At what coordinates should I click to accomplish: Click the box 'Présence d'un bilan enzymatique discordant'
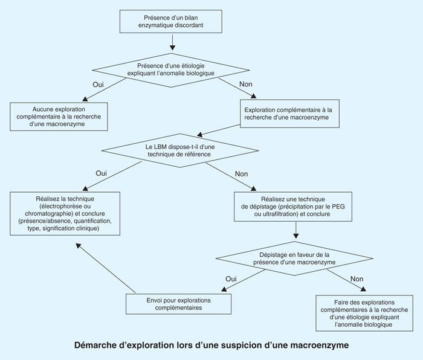[173, 21]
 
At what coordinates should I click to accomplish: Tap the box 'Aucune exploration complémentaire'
[58, 117]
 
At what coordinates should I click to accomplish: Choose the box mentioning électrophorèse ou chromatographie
[68, 214]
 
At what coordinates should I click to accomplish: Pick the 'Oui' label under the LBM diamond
[101, 173]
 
